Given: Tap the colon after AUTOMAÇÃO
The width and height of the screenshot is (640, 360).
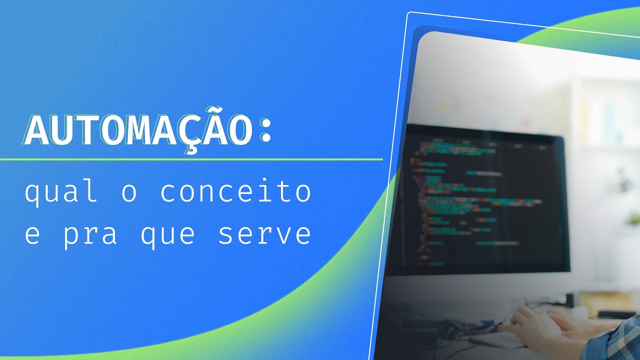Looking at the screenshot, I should click(266, 131).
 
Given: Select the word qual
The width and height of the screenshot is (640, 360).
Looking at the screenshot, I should click(61, 193).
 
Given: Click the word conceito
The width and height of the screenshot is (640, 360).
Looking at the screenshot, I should click(235, 193).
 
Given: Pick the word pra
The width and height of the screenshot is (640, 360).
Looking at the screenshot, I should click(90, 235).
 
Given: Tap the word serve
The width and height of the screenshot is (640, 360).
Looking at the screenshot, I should click(264, 235).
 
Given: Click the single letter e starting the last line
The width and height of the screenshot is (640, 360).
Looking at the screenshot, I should click(32, 235).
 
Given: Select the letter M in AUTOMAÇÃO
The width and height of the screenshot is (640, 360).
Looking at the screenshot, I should click(139, 131).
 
